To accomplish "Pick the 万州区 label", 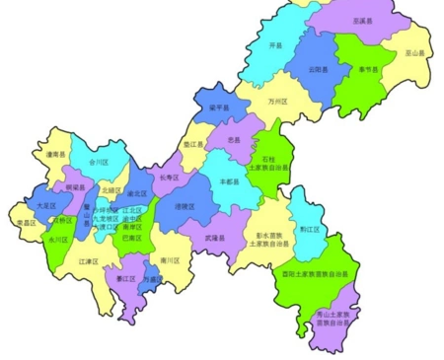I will [277, 102].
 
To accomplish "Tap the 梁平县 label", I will [219, 108].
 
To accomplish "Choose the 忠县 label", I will [234, 141].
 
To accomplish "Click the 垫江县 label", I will [190, 144].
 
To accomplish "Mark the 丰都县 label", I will [229, 182].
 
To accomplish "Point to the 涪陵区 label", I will [185, 206].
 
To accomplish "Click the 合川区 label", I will [98, 160].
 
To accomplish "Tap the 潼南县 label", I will [54, 154].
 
